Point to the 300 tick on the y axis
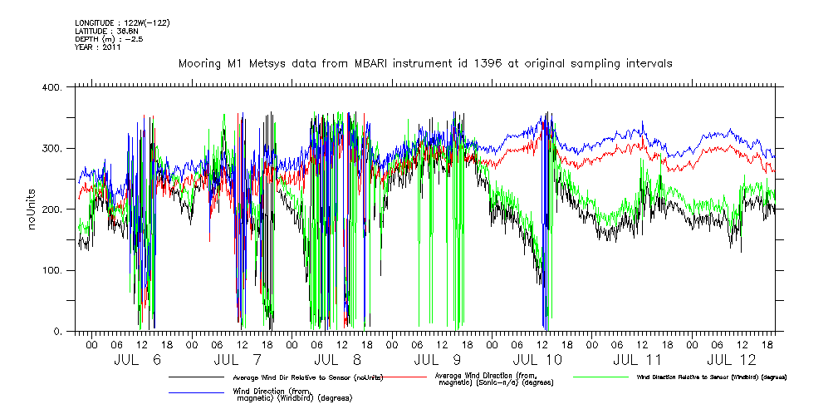point(54,149)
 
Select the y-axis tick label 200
point(54,209)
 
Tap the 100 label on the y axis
point(54,271)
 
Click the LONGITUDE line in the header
point(122,22)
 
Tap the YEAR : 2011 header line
point(98,47)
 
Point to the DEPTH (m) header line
point(109,39)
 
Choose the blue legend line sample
point(196,392)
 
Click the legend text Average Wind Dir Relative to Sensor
point(308,377)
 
